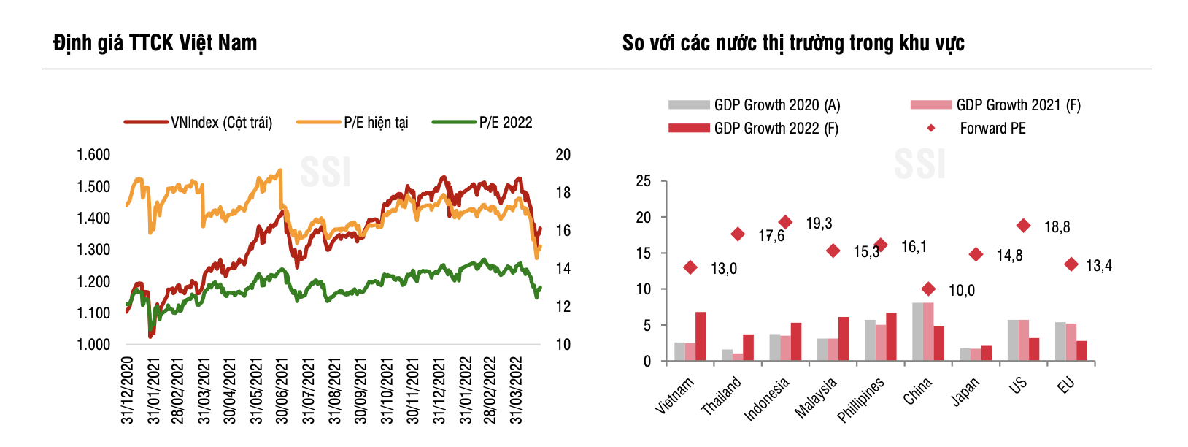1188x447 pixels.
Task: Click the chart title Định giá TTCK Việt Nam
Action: point(155,43)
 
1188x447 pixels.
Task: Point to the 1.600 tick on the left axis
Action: point(93,155)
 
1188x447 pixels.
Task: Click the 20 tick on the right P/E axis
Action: point(563,155)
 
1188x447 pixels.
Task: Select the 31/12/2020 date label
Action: point(128,390)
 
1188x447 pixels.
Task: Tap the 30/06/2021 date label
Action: point(282,390)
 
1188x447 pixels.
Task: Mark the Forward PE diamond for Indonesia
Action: point(785,222)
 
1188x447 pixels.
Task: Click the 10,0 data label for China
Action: point(961,291)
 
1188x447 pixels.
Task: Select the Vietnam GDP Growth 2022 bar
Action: point(701,337)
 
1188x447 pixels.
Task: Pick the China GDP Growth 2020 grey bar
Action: point(917,332)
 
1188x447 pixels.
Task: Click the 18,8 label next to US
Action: point(1057,227)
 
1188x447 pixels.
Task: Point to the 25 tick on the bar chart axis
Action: point(643,181)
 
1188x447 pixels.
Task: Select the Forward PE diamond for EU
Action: point(1071,264)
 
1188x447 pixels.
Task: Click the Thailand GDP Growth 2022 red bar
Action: point(748,348)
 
